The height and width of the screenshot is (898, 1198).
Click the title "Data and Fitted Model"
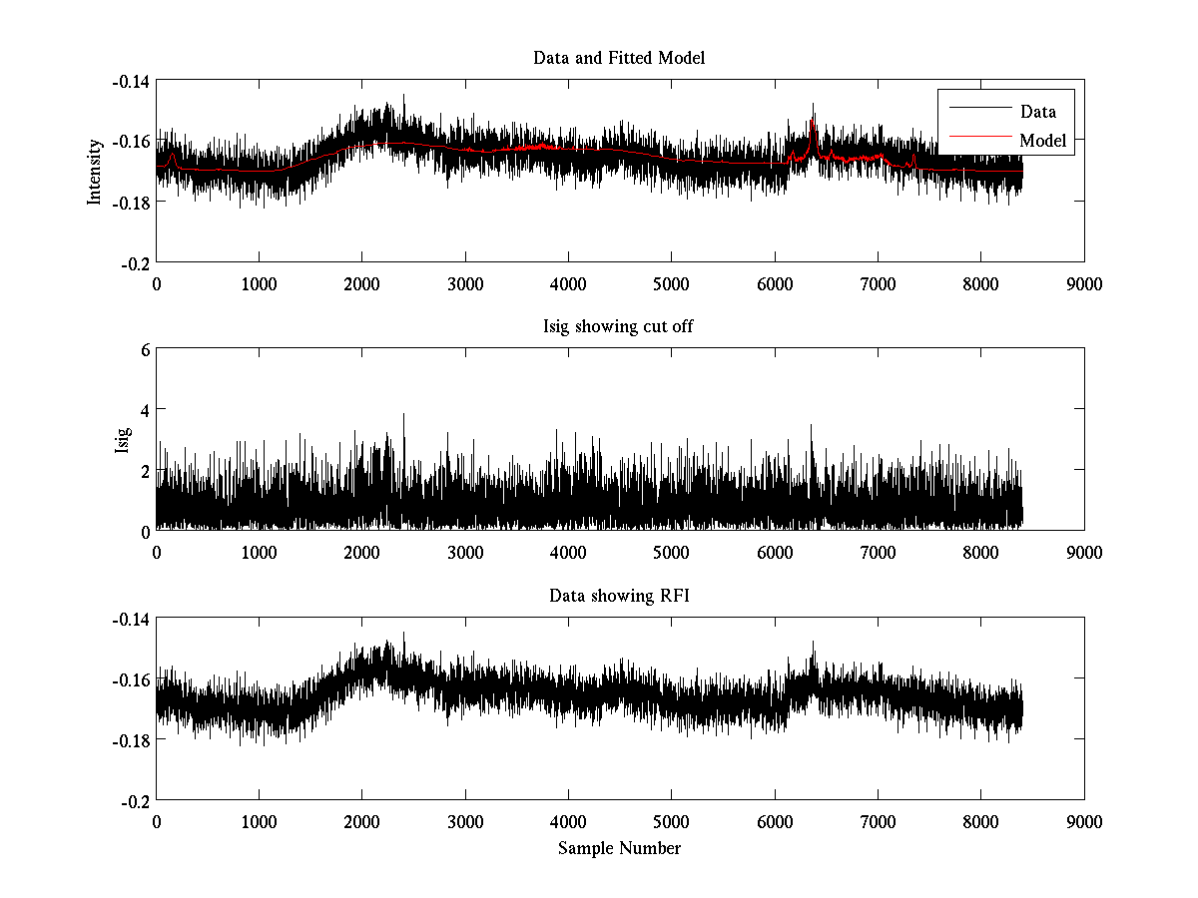[x=619, y=58]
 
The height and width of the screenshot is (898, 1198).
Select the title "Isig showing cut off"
[x=619, y=327]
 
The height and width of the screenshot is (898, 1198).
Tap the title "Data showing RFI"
[x=619, y=597]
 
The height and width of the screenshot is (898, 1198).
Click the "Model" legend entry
[x=1043, y=141]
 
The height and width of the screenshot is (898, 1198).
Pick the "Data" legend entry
[x=1038, y=112]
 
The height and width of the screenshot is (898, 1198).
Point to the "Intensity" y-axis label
[x=95, y=171]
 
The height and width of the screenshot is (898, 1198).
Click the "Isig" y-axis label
[x=122, y=440]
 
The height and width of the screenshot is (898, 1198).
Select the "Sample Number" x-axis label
[x=619, y=848]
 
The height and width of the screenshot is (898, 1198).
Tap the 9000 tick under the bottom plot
[x=1084, y=821]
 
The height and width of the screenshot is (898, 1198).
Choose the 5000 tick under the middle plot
[x=671, y=552]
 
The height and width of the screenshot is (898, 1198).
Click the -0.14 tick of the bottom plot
[x=131, y=620]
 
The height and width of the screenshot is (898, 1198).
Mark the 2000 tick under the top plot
[x=361, y=282]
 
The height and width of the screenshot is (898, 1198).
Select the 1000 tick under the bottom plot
[x=259, y=821]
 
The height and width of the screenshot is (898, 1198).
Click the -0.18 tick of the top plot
[x=131, y=202]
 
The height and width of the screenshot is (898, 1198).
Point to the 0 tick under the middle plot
[x=156, y=552]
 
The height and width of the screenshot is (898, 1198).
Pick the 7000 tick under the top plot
[x=878, y=282]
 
